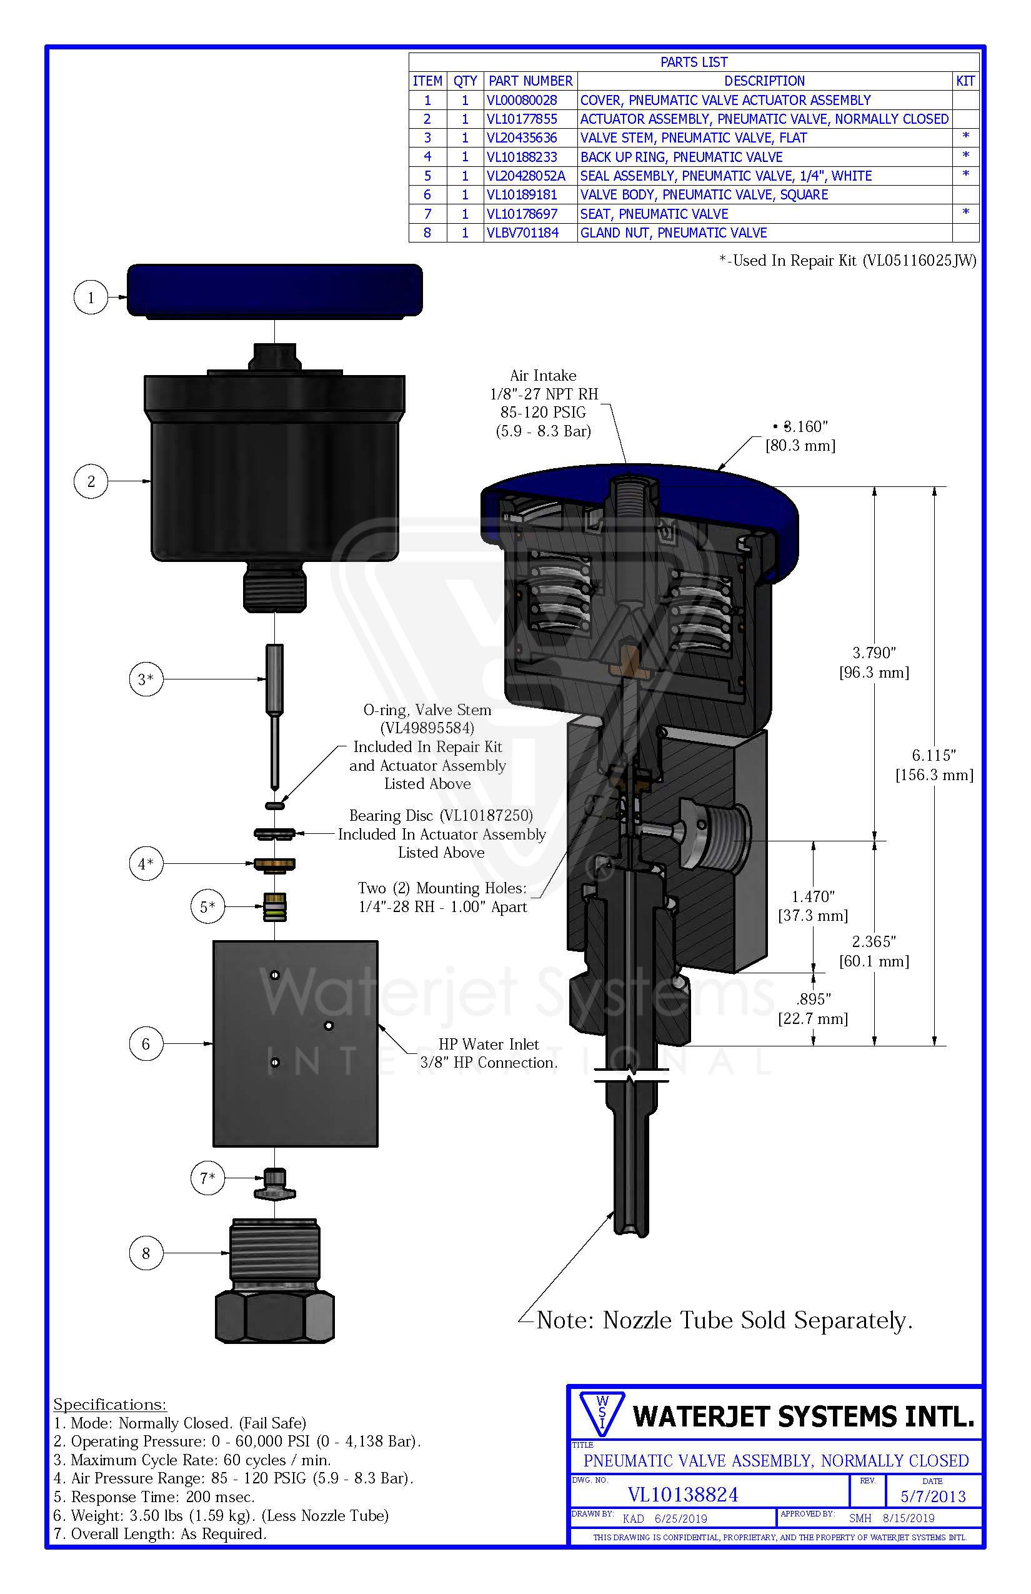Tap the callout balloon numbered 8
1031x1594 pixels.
click(x=146, y=1253)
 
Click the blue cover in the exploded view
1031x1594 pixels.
click(x=274, y=289)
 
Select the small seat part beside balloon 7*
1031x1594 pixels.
click(x=274, y=1183)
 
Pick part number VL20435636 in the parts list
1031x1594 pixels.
click(x=522, y=138)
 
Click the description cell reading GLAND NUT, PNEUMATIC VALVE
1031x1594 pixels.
click(x=674, y=233)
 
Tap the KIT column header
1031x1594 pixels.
click(x=965, y=81)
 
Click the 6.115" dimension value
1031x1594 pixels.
click(x=934, y=756)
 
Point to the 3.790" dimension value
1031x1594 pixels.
click(x=874, y=653)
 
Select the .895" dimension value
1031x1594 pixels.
click(x=814, y=1000)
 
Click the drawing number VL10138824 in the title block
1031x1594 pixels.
click(x=683, y=1495)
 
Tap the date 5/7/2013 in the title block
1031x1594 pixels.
click(x=932, y=1497)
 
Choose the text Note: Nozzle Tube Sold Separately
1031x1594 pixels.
click(x=724, y=1320)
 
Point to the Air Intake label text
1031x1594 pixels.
click(x=543, y=376)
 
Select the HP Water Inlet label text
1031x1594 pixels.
click(x=489, y=1044)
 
